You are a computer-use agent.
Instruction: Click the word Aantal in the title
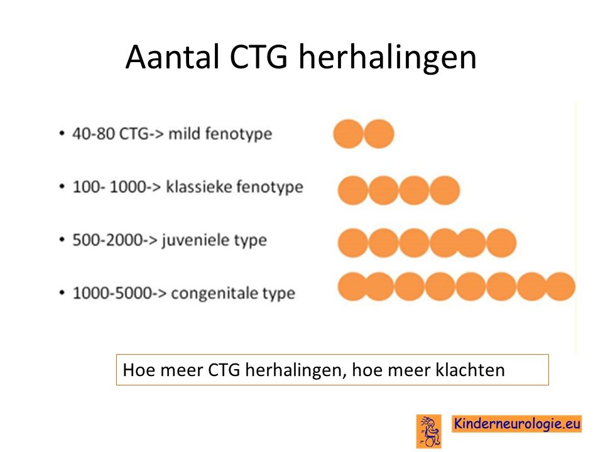172,57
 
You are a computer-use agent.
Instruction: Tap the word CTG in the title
258,57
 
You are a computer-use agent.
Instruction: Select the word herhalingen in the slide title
388,58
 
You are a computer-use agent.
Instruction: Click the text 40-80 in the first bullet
94,134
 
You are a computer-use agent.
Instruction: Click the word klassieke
199,186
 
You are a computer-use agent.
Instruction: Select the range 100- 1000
109,187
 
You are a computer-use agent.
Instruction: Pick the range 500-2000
107,240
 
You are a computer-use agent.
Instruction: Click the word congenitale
214,293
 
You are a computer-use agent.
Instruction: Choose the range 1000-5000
112,293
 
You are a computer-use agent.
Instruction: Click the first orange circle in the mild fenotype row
348,134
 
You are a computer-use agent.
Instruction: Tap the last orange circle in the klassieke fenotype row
445,190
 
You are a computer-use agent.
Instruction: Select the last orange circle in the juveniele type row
501,243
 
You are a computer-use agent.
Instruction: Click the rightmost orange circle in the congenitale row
560,286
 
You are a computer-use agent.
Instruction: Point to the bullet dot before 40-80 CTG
62,134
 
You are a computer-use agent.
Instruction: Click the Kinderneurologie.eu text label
517,424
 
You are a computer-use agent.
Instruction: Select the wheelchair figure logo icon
429,431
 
